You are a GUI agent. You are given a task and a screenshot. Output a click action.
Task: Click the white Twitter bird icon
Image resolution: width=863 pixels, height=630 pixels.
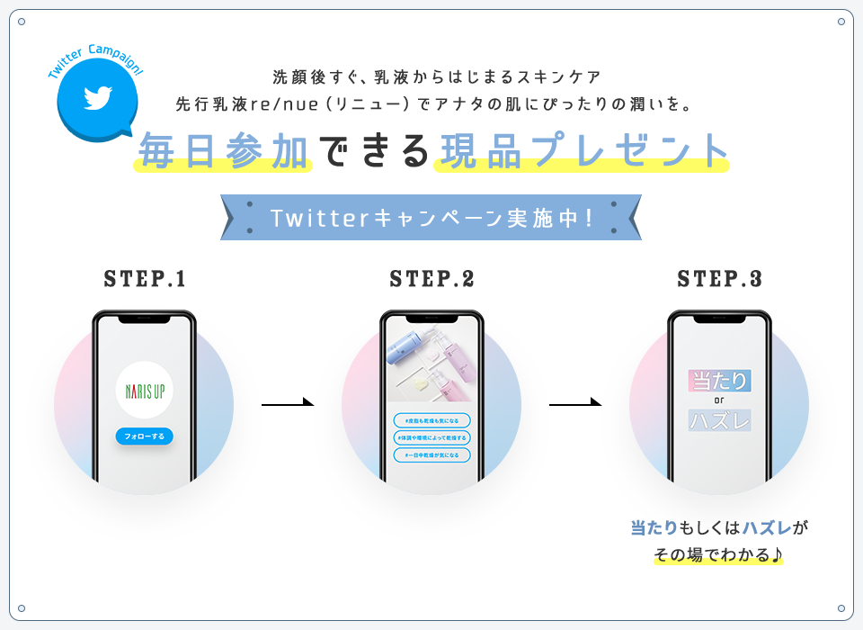[96, 98]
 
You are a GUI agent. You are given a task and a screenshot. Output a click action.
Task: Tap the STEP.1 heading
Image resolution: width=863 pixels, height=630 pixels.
[145, 279]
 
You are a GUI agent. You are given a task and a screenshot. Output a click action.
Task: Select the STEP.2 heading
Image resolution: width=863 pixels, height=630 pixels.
[431, 279]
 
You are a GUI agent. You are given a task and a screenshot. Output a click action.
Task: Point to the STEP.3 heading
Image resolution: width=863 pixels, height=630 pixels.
[719, 279]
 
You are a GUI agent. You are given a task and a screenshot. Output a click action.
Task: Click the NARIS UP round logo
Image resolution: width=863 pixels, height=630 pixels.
[145, 390]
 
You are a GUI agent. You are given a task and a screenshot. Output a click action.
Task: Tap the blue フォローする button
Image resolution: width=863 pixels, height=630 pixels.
[145, 436]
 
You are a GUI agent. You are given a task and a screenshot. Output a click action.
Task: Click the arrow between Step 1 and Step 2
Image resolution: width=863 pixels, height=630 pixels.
[288, 404]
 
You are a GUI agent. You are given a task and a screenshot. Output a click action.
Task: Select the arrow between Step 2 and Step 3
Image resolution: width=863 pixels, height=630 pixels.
[575, 404]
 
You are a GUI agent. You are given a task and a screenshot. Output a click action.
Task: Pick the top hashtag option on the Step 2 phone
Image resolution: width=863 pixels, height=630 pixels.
[431, 420]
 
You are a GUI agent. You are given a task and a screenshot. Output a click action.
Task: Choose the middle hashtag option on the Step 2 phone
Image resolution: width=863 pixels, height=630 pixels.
[431, 437]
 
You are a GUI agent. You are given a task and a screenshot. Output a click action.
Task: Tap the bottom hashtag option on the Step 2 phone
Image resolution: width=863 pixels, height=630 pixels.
[431, 454]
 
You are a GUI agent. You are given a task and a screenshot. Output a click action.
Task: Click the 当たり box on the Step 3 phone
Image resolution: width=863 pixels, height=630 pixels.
[719, 381]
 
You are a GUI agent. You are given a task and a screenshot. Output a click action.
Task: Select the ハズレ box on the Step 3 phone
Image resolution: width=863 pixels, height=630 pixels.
[719, 420]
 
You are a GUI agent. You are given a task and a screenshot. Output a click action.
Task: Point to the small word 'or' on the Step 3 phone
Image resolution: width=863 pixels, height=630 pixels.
[719, 400]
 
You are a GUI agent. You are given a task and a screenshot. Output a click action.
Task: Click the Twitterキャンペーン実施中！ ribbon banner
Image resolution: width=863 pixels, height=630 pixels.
[431, 218]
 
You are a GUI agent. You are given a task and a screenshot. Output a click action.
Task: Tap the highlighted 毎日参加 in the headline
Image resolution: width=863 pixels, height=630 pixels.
[224, 151]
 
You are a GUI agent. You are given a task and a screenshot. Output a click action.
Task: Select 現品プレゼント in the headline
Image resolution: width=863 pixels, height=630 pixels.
[581, 151]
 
